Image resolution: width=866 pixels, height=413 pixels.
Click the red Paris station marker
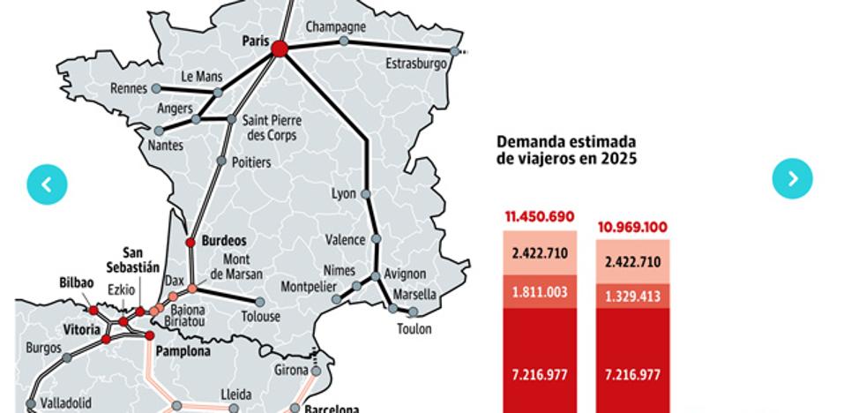click(280, 49)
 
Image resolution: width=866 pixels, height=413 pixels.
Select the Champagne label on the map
click(335, 26)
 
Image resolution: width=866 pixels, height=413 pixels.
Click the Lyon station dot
click(365, 193)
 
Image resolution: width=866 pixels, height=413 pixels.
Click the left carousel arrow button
click(47, 184)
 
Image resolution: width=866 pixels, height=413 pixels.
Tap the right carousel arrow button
click(792, 178)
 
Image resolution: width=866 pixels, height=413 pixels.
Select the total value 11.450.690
click(541, 215)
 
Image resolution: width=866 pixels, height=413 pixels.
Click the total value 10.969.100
click(632, 227)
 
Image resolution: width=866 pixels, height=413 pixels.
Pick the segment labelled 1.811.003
click(541, 290)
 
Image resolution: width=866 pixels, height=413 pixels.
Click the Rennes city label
click(129, 88)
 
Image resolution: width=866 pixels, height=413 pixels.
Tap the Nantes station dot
click(159, 131)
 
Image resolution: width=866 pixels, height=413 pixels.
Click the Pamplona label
click(183, 351)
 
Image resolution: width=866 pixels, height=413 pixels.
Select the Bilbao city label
click(76, 283)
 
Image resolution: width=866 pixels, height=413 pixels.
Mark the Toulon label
click(414, 329)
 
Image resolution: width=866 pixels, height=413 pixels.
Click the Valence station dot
click(376, 239)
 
